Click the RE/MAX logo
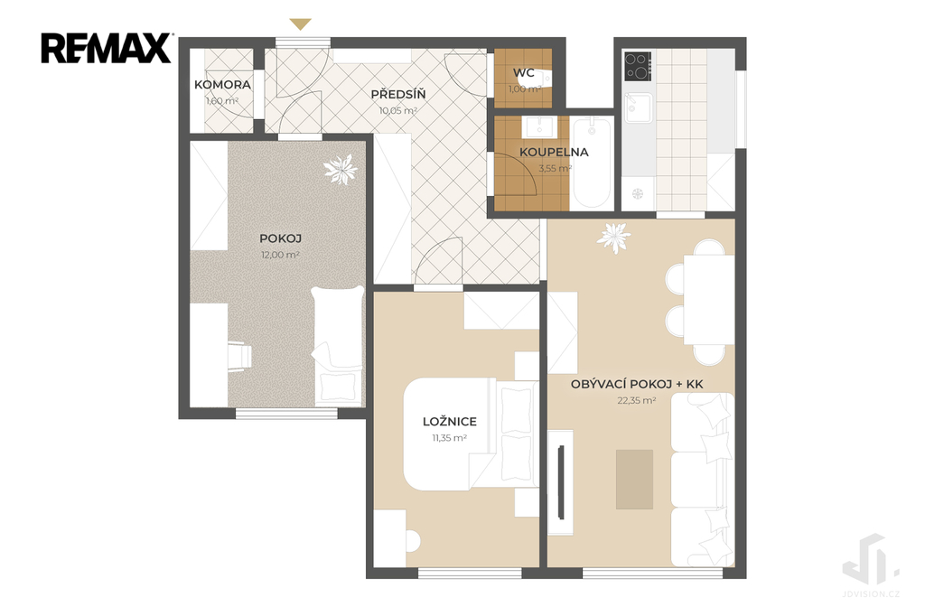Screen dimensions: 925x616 click(x=107, y=49)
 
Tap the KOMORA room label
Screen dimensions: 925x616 click(x=222, y=85)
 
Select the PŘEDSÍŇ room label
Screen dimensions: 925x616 click(x=398, y=95)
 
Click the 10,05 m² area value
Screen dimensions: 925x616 click(x=398, y=110)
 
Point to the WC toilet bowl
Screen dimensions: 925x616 click(x=545, y=78)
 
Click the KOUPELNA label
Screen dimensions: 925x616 click(x=554, y=153)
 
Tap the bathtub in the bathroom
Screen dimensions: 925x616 click(x=592, y=163)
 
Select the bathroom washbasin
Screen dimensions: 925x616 click(x=540, y=125)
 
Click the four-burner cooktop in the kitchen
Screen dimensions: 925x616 click(x=638, y=66)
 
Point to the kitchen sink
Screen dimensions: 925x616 click(x=639, y=107)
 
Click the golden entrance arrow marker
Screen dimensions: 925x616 click(x=301, y=24)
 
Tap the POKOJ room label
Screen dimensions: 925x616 click(x=281, y=239)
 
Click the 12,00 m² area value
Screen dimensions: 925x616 click(x=280, y=255)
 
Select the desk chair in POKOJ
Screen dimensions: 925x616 click(x=239, y=357)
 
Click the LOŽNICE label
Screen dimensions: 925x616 click(x=450, y=422)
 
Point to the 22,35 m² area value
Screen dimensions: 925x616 click(x=637, y=401)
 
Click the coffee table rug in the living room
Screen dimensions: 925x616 click(x=635, y=479)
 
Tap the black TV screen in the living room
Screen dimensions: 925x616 click(x=561, y=482)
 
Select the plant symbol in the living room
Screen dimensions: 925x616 click(x=614, y=238)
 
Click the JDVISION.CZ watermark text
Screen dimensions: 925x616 click(x=872, y=594)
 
